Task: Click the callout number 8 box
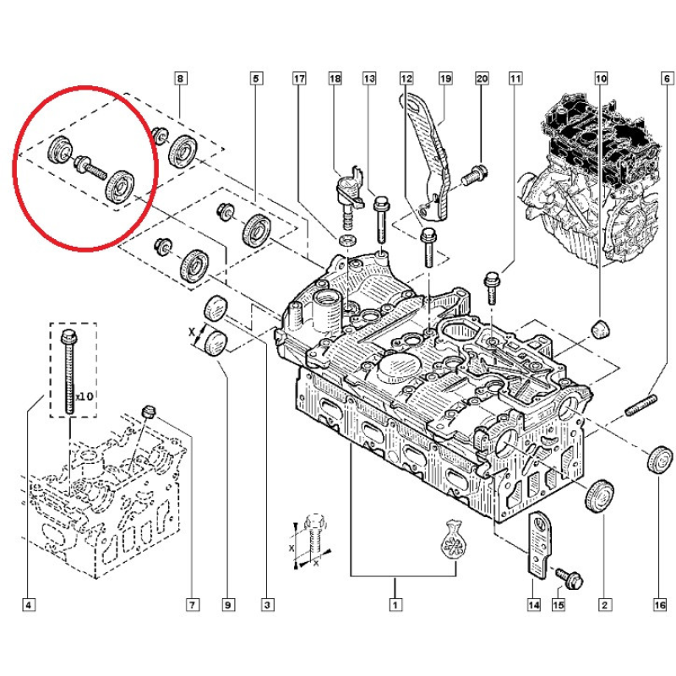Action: [x=180, y=79]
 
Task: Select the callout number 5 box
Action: [x=254, y=79]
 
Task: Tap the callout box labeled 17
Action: [x=298, y=79]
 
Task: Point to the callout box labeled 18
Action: [x=335, y=79]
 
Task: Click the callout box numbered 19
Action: [x=445, y=79]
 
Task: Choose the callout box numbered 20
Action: [x=482, y=79]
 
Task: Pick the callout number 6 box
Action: [x=667, y=79]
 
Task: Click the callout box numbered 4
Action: [x=30, y=604]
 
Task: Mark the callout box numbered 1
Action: [x=394, y=604]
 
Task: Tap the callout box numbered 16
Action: [x=659, y=604]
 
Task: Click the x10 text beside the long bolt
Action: [x=84, y=395]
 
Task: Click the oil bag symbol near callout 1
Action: [x=454, y=539]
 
